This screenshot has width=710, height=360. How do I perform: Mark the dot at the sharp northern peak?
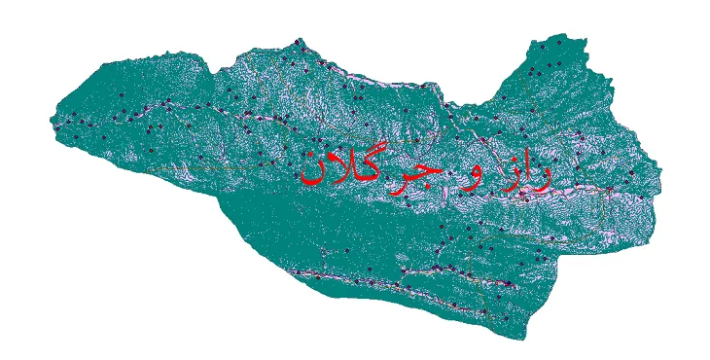(299, 45)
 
